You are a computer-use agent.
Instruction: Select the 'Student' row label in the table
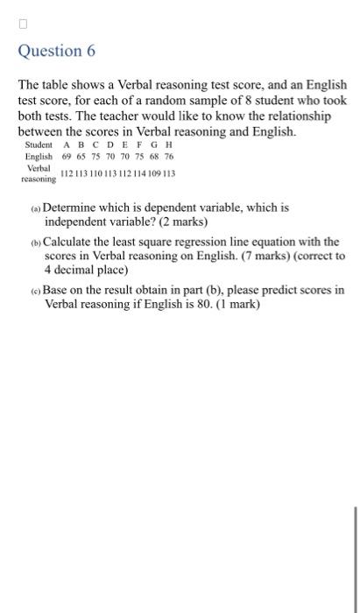tap(39, 144)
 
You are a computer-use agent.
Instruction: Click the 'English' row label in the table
tap(39, 156)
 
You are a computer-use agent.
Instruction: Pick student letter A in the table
tap(67, 144)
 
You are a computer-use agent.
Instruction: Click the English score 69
tap(67, 156)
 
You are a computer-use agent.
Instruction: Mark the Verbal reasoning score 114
tap(139, 173)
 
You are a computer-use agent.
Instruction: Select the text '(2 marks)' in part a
tap(179, 222)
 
